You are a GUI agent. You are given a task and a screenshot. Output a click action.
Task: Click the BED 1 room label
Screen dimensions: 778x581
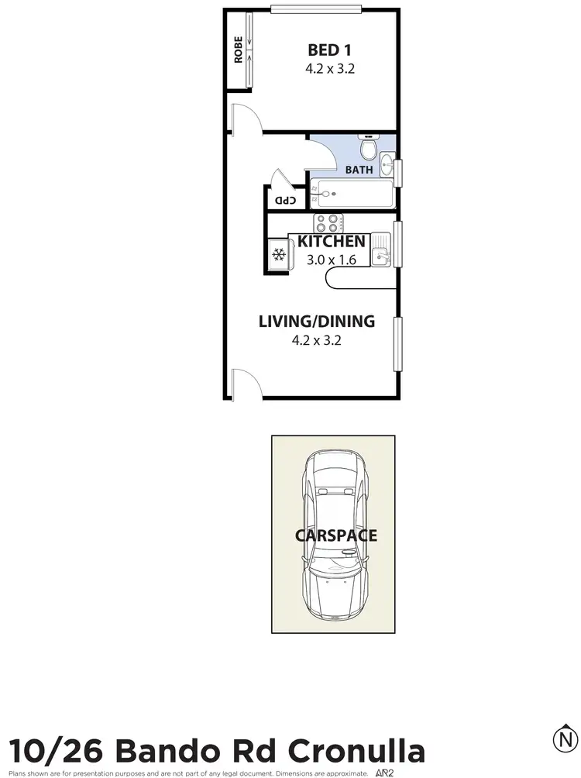323,50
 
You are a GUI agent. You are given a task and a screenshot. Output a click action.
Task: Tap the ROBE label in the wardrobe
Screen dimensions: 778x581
238,50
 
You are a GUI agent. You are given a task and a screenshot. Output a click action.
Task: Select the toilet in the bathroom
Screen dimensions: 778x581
369,146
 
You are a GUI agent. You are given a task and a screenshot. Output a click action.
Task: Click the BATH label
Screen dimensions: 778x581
359,169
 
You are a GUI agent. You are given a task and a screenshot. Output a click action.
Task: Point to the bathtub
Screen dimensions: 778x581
352,193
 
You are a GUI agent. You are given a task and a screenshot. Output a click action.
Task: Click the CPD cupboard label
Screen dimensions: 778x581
286,201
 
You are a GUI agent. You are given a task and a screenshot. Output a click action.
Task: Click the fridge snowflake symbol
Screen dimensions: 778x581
278,255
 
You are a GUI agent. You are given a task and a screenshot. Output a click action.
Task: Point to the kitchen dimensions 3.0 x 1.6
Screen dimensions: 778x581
331,260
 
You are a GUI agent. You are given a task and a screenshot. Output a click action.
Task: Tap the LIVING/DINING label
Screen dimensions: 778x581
316,321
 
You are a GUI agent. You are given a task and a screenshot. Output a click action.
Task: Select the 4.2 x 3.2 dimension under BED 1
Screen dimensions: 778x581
323,68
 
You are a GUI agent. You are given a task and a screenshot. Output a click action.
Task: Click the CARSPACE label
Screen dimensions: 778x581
335,535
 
